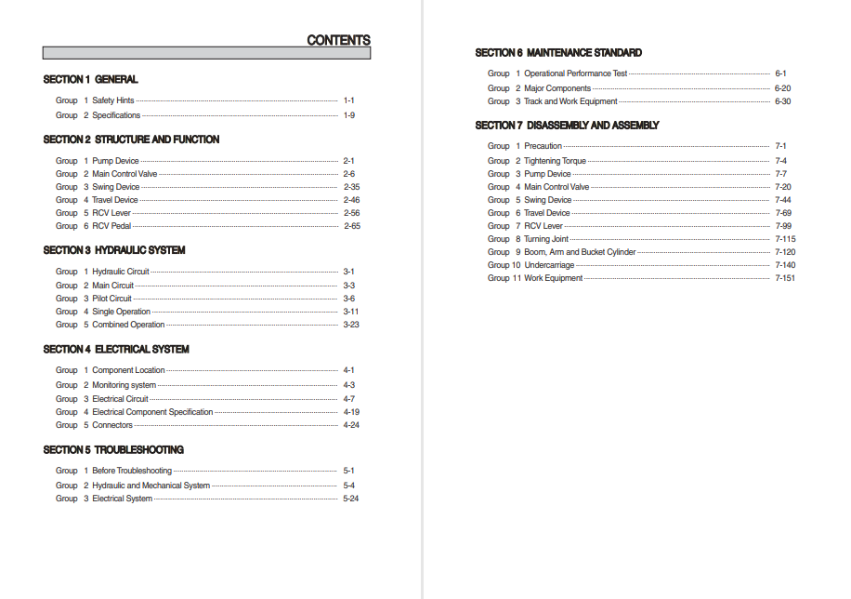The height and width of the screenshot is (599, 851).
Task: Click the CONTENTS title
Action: tap(338, 40)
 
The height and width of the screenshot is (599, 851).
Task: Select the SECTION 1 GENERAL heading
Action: tap(90, 80)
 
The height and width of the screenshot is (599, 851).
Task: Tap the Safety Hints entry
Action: tap(112, 100)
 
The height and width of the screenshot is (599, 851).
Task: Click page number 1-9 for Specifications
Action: tap(349, 115)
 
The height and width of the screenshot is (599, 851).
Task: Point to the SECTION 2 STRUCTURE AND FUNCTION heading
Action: tap(131, 140)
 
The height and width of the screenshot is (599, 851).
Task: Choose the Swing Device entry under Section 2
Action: tap(115, 187)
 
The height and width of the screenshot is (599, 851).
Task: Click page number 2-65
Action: tap(352, 226)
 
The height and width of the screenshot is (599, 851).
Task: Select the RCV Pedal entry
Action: tap(111, 226)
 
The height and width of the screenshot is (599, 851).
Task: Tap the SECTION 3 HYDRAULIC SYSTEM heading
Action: tap(114, 250)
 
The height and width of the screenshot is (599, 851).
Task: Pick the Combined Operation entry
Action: tap(128, 325)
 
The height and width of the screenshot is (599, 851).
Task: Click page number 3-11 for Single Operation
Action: tap(351, 312)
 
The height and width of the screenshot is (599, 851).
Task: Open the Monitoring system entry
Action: tap(124, 385)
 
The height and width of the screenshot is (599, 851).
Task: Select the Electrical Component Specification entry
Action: tap(152, 412)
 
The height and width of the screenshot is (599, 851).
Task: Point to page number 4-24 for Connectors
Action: tap(351, 425)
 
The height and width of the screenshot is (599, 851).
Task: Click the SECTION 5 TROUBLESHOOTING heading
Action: tap(113, 450)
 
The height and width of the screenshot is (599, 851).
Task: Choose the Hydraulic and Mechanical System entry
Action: tap(151, 486)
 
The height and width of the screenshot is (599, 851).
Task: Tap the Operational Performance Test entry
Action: tap(575, 73)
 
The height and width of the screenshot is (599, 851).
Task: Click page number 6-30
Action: tap(783, 101)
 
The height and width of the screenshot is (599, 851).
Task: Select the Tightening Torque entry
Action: tap(555, 161)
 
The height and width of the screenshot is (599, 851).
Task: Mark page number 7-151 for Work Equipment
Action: tap(785, 278)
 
